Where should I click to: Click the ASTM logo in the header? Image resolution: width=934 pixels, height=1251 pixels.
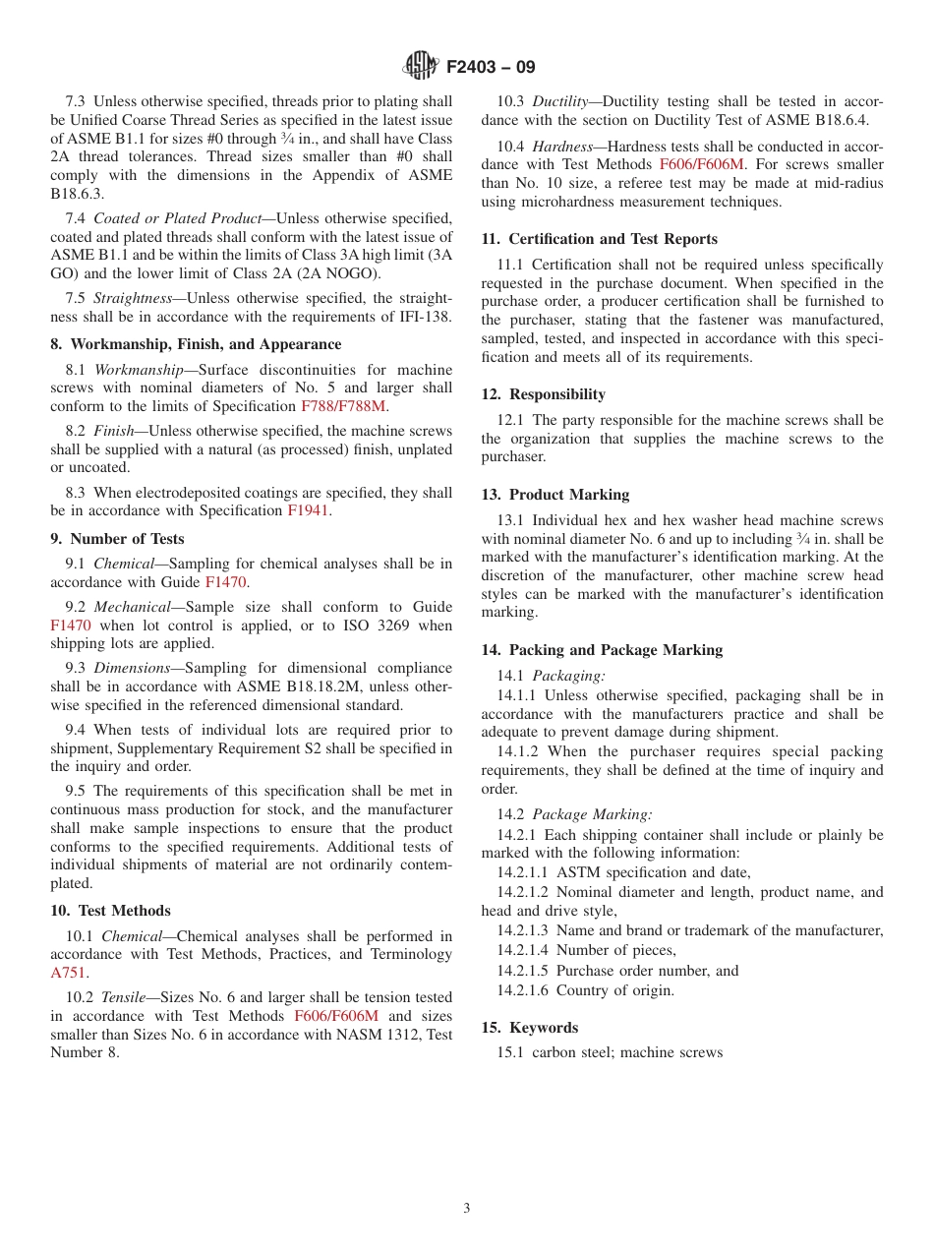tap(420, 67)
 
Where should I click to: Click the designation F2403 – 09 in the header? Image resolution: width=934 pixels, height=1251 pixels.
tap(491, 68)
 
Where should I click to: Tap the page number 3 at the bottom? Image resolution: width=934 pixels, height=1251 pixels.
tap(467, 1208)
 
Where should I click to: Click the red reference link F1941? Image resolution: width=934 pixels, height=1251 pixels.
tap(308, 510)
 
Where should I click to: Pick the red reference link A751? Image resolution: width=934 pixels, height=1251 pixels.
tap(68, 973)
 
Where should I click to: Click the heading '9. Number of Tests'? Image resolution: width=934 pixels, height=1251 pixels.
tap(117, 539)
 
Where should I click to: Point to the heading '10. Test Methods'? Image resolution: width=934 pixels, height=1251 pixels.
tap(110, 911)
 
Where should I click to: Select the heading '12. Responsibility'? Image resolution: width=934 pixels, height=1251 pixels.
tap(543, 394)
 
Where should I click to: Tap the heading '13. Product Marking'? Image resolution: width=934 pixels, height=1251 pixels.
tap(555, 495)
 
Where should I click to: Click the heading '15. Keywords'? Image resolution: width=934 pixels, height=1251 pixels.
tap(530, 1028)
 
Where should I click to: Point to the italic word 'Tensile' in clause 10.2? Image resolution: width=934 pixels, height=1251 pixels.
tap(124, 997)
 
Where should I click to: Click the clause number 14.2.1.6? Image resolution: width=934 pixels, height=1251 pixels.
tap(522, 990)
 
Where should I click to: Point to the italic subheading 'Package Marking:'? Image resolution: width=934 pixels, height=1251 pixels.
tap(593, 814)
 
